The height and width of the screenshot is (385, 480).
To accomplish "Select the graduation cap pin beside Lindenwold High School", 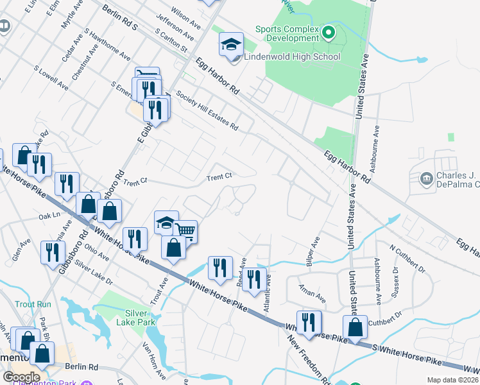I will point(231,45).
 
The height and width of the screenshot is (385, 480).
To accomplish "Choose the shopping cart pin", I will point(185,231).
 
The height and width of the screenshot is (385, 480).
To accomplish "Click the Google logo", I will point(21,377).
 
